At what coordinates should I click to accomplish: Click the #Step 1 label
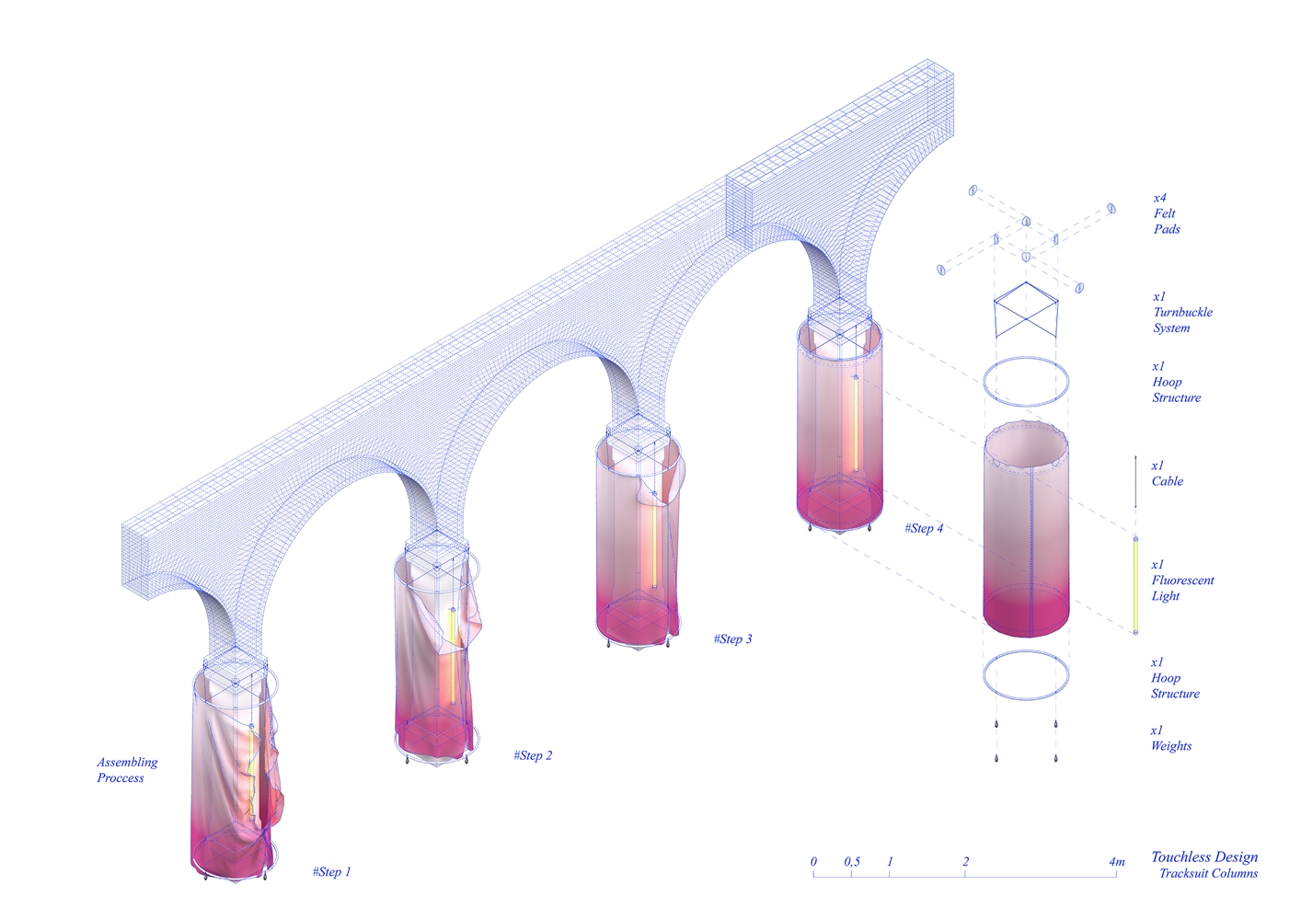331,872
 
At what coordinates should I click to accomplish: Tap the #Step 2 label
533,755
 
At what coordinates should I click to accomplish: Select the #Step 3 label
732,638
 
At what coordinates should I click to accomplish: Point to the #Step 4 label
924,528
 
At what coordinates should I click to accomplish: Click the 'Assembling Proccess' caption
127,769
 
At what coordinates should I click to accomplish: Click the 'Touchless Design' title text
1204,857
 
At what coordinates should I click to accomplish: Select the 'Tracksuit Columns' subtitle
1209,873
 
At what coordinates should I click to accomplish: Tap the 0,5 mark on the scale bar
852,862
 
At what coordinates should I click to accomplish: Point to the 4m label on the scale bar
1116,862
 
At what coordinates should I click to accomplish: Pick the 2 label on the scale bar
965,862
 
